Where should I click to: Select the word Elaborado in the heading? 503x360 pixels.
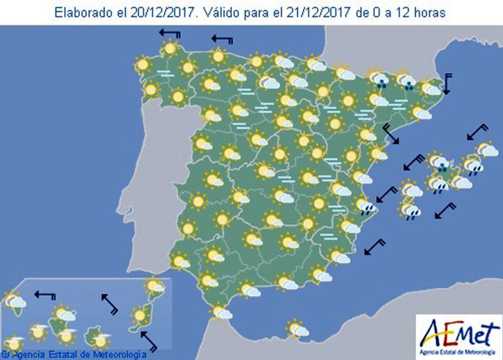point(81,12)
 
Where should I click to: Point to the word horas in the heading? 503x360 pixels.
point(429,12)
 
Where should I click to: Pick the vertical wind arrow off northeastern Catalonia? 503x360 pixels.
point(448,84)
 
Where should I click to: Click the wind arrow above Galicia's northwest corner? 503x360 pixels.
point(170,35)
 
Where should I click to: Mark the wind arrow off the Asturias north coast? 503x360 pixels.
point(222,41)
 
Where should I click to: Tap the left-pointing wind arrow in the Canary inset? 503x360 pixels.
point(45,295)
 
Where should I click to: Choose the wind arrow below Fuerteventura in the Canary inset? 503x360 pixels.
point(149,341)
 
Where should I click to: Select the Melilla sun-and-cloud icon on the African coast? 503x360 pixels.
point(297,328)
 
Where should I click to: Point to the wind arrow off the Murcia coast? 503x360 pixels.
point(374,248)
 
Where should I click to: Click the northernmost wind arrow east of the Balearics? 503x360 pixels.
point(479,133)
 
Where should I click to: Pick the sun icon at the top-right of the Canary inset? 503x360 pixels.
point(155,286)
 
